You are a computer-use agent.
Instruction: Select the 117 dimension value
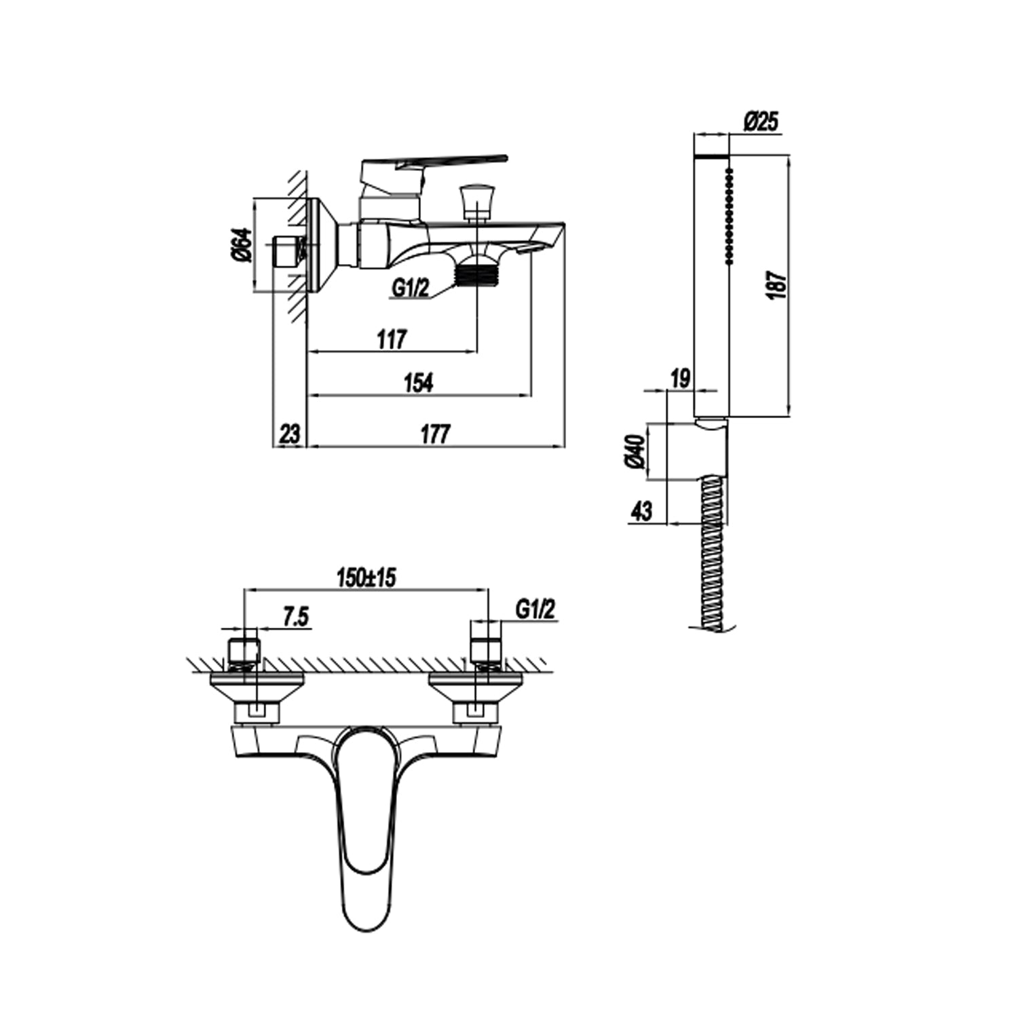(392, 339)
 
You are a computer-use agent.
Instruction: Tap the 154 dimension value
(418, 382)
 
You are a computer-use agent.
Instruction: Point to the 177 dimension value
(435, 434)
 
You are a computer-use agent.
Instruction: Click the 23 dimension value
(289, 434)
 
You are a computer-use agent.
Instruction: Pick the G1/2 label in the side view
(410, 288)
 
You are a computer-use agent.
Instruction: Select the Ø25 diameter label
(761, 122)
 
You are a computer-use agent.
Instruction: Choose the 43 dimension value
(641, 510)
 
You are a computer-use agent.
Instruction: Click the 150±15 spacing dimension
(366, 578)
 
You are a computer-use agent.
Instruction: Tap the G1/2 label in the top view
(535, 609)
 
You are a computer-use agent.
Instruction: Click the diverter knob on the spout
(475, 199)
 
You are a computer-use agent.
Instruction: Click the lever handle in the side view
(434, 162)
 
